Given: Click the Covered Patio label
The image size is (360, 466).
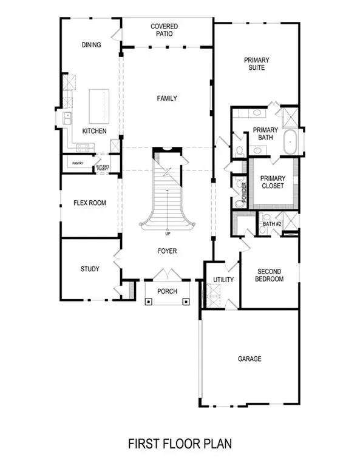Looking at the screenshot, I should click(168, 30).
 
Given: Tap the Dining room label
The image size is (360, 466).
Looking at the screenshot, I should click(91, 45).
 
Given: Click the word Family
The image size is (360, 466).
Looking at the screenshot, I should click(167, 98).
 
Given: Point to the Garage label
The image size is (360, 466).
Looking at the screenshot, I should click(249, 359).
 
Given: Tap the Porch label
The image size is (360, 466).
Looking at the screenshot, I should click(167, 292).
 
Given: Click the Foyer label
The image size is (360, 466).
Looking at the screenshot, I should click(167, 248).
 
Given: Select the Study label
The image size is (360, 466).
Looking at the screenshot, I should click(90, 269).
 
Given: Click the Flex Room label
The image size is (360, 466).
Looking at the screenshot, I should click(90, 203).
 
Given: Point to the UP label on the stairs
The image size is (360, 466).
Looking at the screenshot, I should click(167, 234).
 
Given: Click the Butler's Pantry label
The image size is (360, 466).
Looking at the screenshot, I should click(101, 167).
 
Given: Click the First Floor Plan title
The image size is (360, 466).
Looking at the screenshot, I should click(180, 444).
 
